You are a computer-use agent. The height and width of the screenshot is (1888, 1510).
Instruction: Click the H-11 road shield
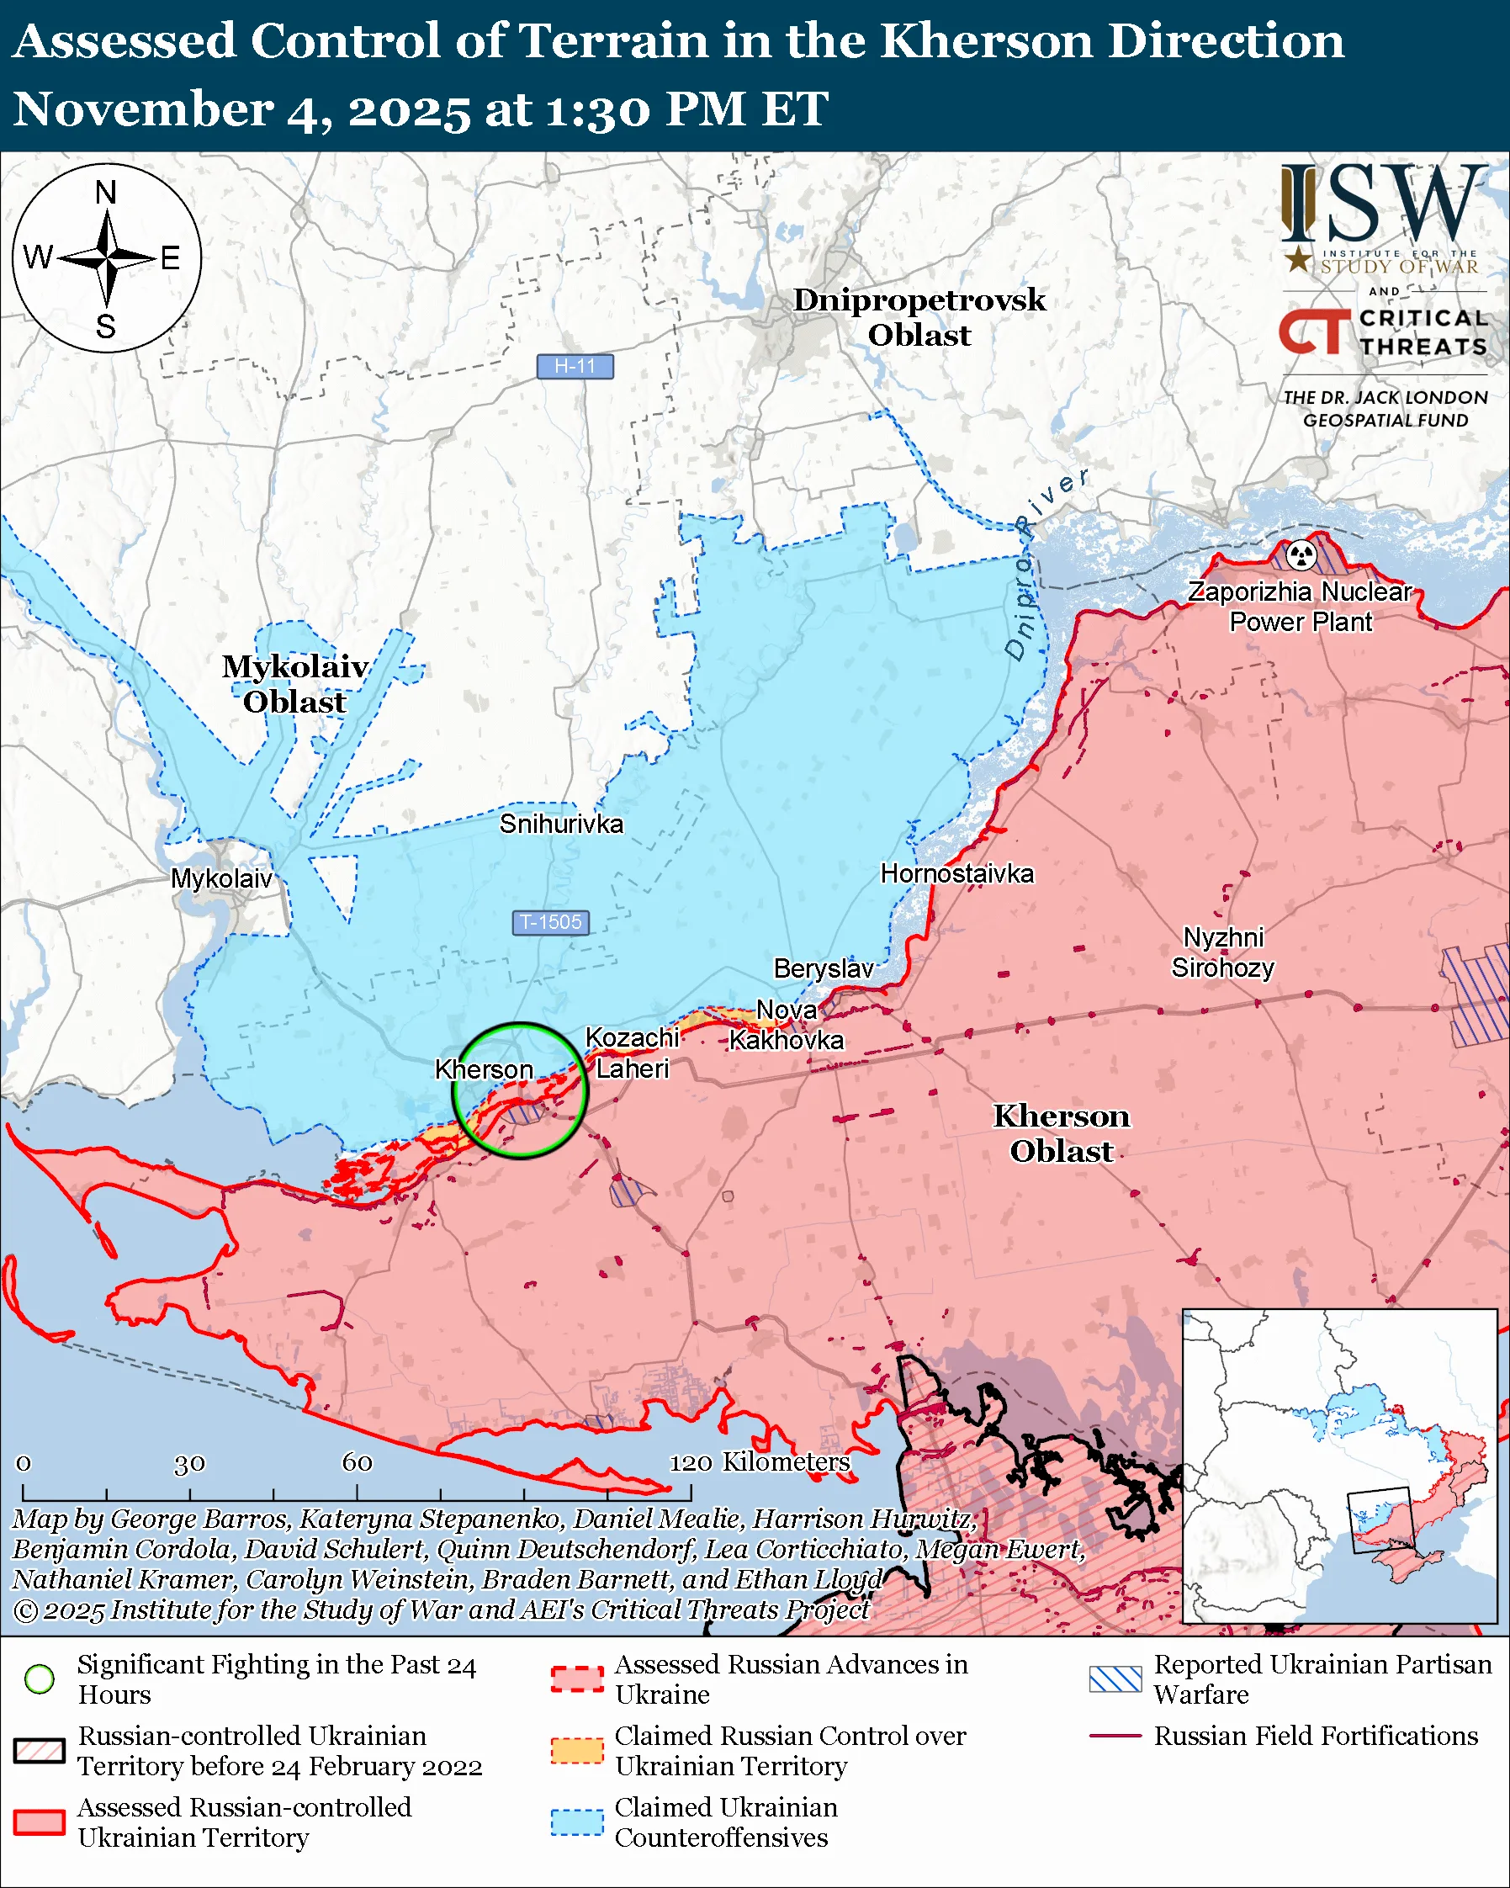click(x=575, y=366)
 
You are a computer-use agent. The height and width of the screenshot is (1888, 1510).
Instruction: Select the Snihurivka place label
click(x=561, y=824)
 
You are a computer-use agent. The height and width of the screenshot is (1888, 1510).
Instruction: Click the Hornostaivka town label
click(x=956, y=874)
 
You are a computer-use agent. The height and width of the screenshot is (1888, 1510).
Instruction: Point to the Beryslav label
click(x=823, y=968)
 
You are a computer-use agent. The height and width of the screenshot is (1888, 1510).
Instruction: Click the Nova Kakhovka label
click(x=786, y=1026)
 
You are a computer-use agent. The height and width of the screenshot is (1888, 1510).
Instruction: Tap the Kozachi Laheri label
click(x=632, y=1053)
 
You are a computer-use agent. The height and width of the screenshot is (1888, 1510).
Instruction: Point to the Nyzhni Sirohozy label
click(x=1223, y=952)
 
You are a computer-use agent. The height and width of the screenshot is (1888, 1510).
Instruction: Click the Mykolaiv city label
click(x=221, y=879)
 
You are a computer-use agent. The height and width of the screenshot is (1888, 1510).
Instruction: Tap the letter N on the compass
click(x=106, y=192)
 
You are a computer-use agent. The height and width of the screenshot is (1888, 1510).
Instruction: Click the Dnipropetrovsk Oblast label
click(x=919, y=317)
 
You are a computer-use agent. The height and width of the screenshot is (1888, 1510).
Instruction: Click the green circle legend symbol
click(x=40, y=1679)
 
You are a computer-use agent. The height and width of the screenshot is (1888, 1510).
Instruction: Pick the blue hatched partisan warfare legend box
click(x=1115, y=1679)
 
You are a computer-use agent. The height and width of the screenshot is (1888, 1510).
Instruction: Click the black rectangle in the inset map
click(x=1380, y=1520)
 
